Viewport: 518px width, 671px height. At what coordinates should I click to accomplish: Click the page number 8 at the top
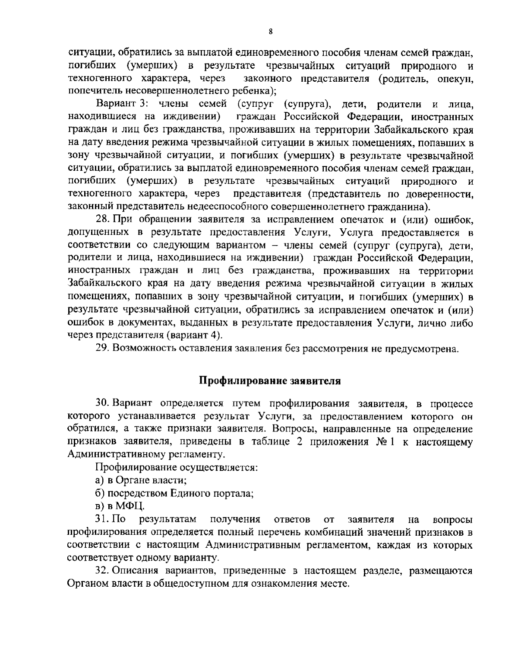270,32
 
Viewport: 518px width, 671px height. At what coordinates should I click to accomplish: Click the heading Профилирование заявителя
270,381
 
